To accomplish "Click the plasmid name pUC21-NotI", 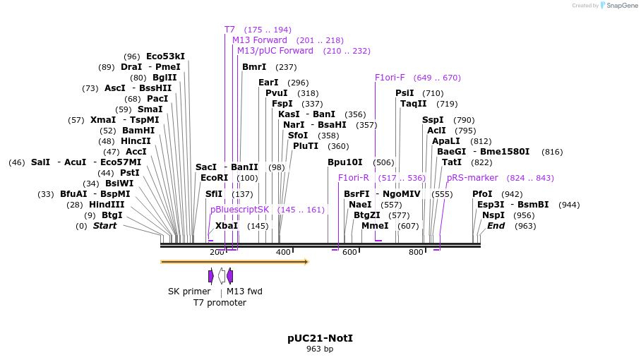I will [320, 338].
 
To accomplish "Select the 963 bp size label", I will [320, 349].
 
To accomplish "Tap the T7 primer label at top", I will [229, 30].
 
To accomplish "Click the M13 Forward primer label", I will [260, 40].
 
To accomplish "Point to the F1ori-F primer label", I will [390, 78].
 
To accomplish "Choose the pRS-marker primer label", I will [472, 178].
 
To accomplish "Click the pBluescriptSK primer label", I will [239, 210].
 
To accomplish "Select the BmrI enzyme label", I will [254, 67].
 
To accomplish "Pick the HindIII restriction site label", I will [107, 205].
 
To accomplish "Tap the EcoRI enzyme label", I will [215, 178].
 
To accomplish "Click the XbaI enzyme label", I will [227, 226].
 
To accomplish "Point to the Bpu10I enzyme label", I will [345, 162].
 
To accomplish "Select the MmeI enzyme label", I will [375, 226].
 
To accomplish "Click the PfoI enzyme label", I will [482, 194].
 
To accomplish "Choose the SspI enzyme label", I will [433, 120].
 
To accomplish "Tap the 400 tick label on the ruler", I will [283, 253].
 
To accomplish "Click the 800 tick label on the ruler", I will [416, 253].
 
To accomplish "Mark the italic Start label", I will [105, 226].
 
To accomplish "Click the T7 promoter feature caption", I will [220, 303].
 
